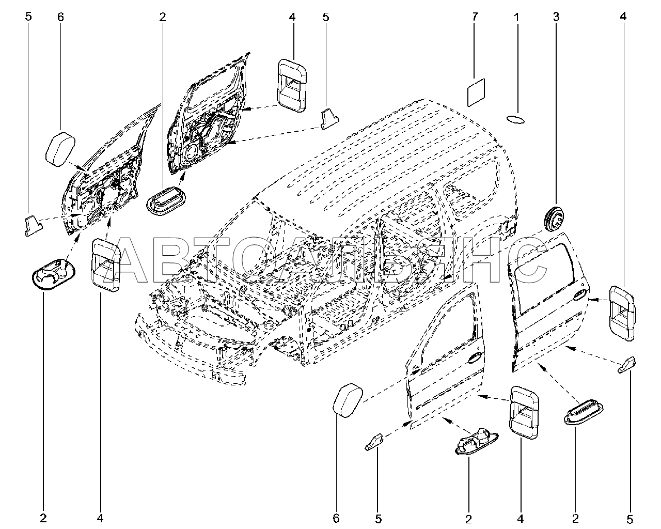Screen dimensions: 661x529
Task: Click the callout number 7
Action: coord(475,17)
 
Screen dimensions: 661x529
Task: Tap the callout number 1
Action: coord(516,17)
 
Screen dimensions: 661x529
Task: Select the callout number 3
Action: coord(556,17)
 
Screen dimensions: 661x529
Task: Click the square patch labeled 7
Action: coord(476,92)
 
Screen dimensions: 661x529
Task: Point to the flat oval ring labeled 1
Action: coord(515,119)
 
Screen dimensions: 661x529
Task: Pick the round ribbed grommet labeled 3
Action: coord(555,219)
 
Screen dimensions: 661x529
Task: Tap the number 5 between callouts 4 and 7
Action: coord(325,17)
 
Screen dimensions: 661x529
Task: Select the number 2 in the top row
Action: coord(163,17)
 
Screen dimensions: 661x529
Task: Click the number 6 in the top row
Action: coord(60,17)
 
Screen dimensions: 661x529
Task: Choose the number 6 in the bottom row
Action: coord(336,519)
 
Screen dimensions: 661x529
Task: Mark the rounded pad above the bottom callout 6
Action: coord(348,400)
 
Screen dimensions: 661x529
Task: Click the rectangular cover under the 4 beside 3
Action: coord(621,313)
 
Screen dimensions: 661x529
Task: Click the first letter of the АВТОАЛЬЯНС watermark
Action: coord(134,260)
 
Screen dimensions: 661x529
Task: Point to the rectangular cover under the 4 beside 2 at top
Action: coord(292,85)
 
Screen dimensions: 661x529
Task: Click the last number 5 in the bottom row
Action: coord(629,519)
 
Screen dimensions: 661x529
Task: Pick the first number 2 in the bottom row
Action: coord(43,518)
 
